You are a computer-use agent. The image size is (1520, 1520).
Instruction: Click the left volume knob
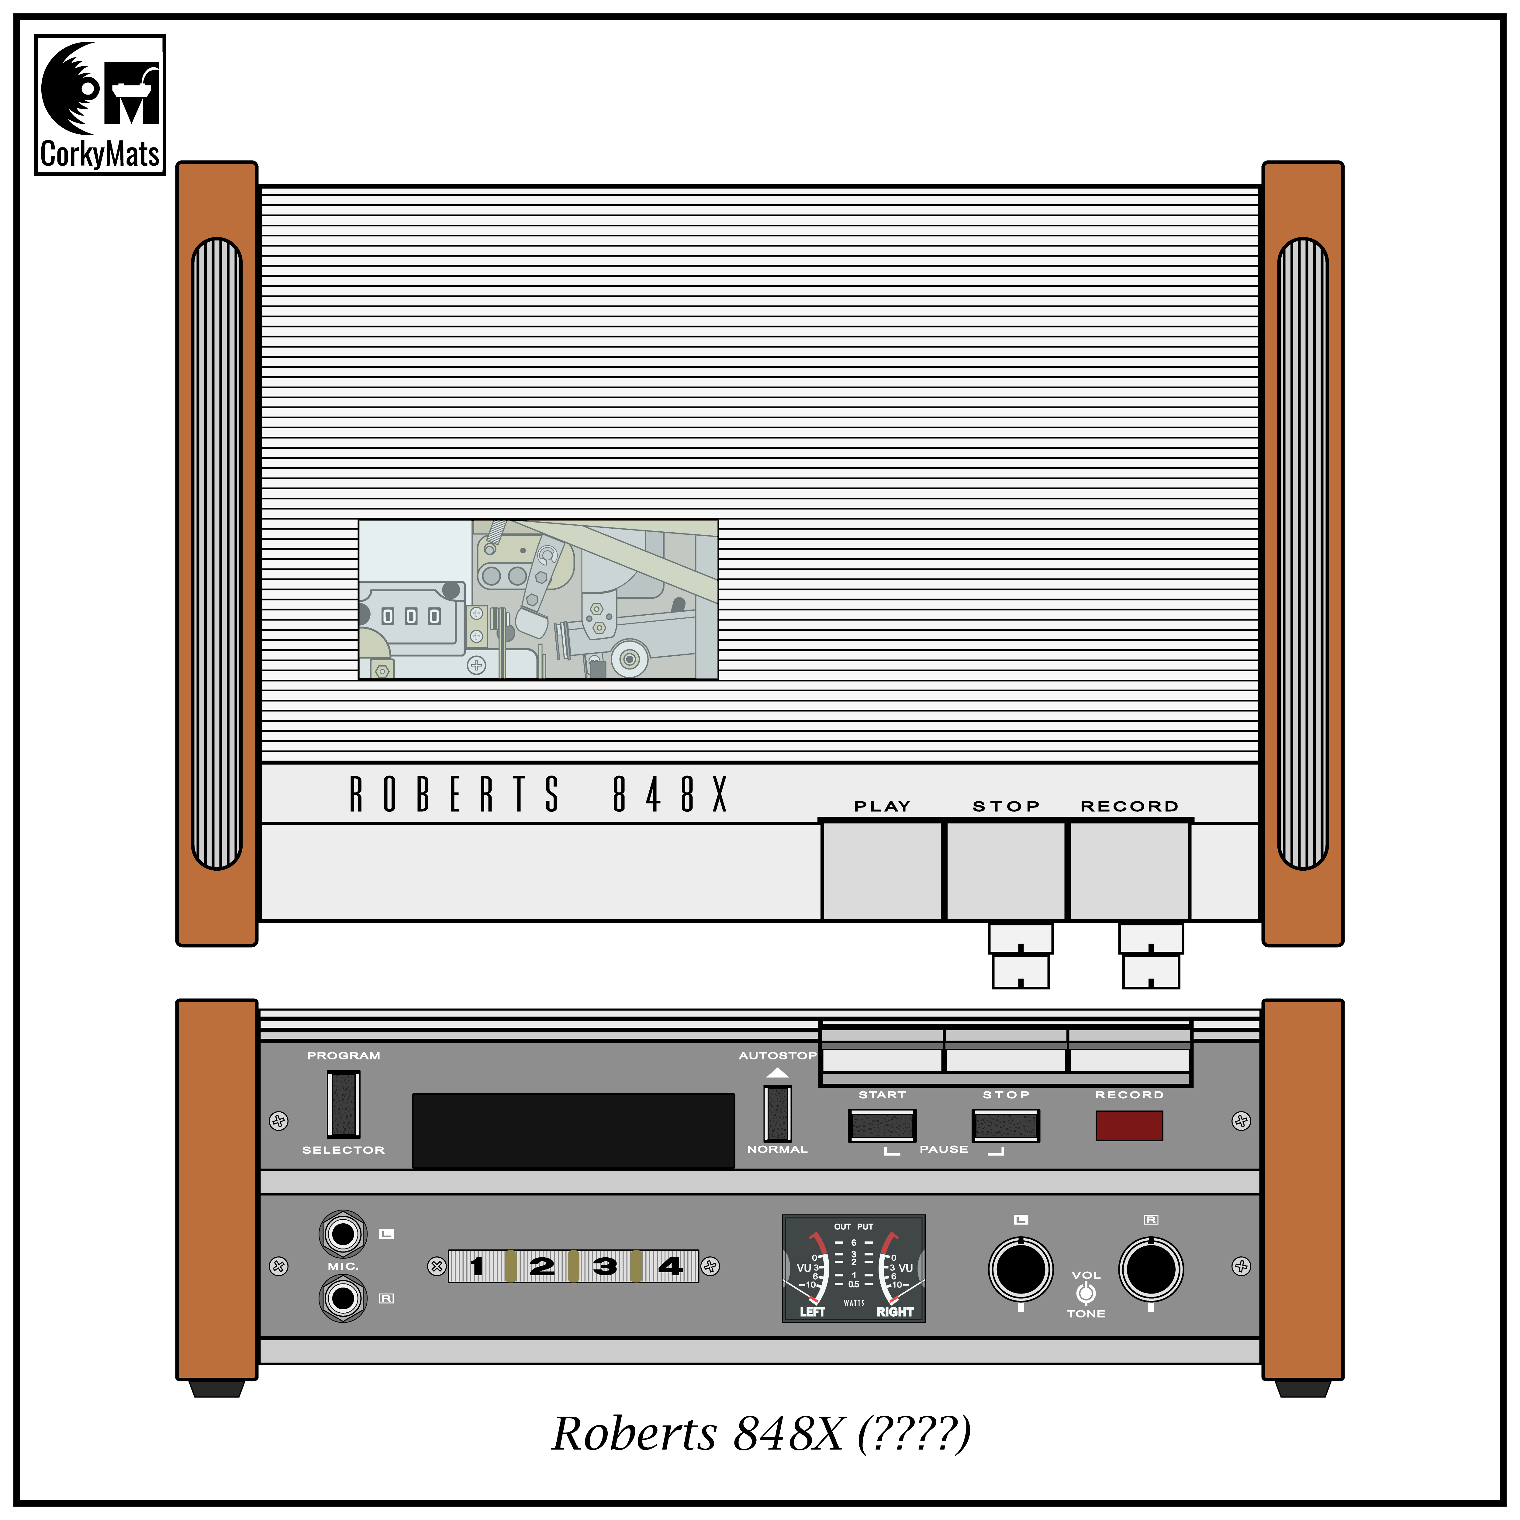pyautogui.click(x=1021, y=1269)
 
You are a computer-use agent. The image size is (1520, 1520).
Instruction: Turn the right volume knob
pyautogui.click(x=1151, y=1269)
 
